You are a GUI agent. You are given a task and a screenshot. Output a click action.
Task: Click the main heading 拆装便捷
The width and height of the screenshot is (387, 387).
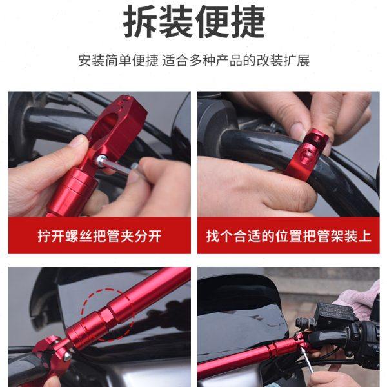[x=193, y=23]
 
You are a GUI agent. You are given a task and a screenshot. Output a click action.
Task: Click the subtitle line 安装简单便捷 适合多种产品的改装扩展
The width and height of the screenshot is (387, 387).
[x=193, y=62]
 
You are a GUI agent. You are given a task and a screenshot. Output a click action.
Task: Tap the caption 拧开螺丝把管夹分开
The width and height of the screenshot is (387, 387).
[x=99, y=235]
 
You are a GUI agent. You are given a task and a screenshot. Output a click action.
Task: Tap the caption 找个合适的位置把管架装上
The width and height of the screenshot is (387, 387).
[x=288, y=235]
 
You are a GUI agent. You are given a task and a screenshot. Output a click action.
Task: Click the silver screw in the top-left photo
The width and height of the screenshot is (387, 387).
[x=101, y=159]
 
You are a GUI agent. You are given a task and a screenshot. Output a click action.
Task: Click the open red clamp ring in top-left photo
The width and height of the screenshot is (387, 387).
[x=123, y=119]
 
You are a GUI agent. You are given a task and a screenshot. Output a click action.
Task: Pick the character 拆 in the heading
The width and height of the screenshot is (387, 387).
[x=141, y=23]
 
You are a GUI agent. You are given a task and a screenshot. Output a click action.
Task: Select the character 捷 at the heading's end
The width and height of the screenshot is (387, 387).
[x=247, y=23]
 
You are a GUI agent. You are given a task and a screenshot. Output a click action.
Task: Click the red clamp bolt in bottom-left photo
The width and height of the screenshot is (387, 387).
[x=65, y=355]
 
